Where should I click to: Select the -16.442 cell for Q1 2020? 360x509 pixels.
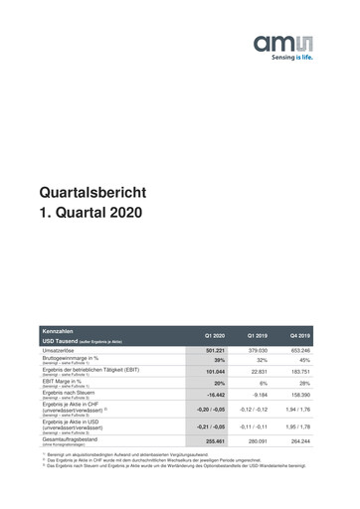216,395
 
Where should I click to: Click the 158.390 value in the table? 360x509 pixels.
299,395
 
